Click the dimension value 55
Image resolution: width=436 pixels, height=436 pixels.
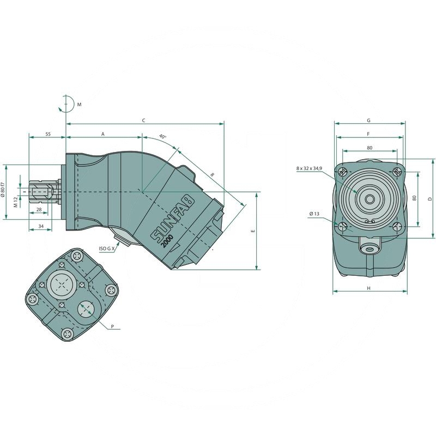coord(48,134)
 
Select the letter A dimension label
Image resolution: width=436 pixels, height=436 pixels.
coord(103,134)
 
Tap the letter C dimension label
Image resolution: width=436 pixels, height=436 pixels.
coord(143,119)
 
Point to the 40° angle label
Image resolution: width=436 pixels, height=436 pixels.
coord(162,136)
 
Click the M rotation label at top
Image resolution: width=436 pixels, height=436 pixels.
coord(79,104)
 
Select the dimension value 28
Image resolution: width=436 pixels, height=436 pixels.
coord(39,210)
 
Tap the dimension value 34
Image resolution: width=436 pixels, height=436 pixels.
coord(41,225)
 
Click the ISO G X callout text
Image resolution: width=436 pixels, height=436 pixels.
coord(107,249)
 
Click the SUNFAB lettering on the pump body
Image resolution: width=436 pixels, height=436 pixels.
coord(170,223)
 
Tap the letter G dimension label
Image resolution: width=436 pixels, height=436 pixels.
coord(368,119)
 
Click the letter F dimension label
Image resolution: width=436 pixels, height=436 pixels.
coord(368,134)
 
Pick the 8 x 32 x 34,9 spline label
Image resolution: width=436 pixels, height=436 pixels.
coord(309,169)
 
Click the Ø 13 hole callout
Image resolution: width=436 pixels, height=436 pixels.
coord(314,214)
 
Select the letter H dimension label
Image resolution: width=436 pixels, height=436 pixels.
coord(368,287)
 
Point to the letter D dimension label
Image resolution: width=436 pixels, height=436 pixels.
coord(430,199)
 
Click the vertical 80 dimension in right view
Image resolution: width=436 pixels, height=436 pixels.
coord(414,198)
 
